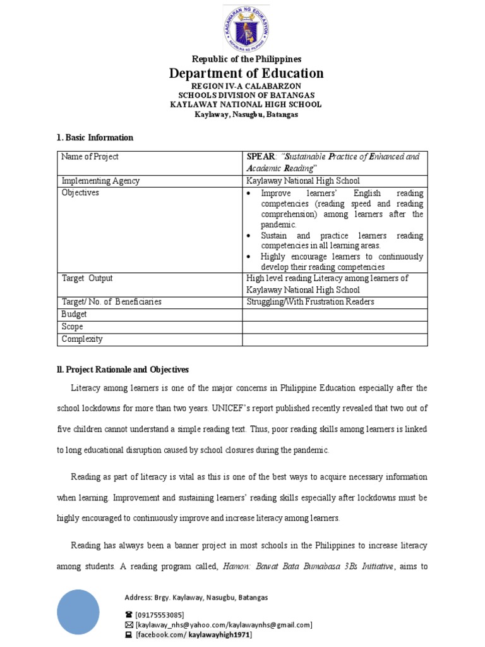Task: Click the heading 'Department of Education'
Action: point(246,73)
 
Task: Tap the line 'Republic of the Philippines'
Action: point(246,59)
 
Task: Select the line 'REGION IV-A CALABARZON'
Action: point(246,85)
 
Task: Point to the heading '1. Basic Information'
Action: point(95,137)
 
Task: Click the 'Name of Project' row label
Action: point(90,157)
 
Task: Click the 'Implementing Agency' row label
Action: point(100,181)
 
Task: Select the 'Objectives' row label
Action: point(80,193)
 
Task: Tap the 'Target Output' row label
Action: point(87,278)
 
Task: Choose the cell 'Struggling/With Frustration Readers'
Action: point(310,302)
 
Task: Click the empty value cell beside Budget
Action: point(335,314)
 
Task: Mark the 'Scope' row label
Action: point(72,327)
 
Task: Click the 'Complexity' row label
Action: point(81,339)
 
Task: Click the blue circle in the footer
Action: point(78,611)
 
